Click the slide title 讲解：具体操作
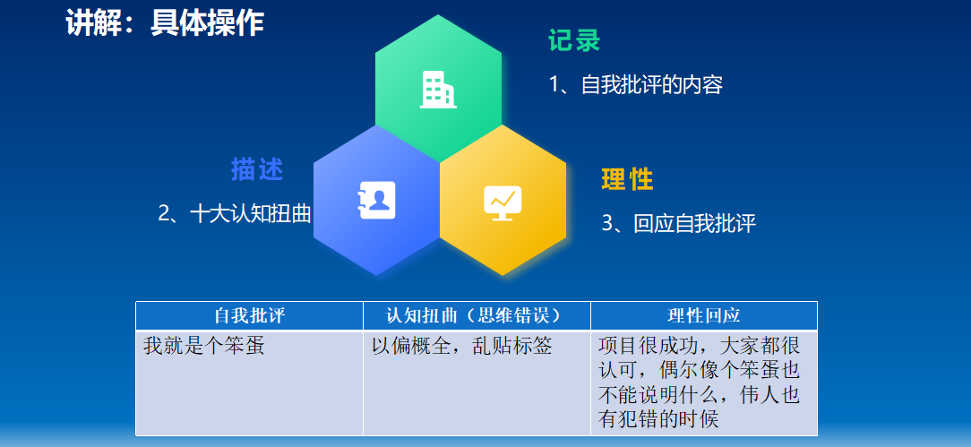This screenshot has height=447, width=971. (x=165, y=24)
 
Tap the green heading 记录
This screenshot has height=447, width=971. (x=574, y=41)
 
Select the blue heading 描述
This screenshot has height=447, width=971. (x=257, y=169)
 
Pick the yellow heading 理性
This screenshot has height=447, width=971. (x=627, y=179)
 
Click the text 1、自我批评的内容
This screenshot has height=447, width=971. (x=636, y=84)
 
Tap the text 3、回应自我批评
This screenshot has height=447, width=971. (x=679, y=224)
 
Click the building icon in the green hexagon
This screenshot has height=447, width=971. (x=438, y=90)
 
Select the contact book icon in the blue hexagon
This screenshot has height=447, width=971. (x=376, y=200)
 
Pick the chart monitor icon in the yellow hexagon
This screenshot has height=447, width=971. (x=503, y=202)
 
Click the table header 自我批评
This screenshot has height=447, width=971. (x=250, y=315)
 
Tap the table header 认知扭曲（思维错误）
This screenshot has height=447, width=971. (x=477, y=315)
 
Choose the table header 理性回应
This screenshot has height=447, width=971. (x=704, y=315)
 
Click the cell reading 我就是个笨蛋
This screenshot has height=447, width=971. (x=203, y=346)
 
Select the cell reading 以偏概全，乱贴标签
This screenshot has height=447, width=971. (x=461, y=346)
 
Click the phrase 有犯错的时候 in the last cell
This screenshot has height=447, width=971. (x=659, y=419)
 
